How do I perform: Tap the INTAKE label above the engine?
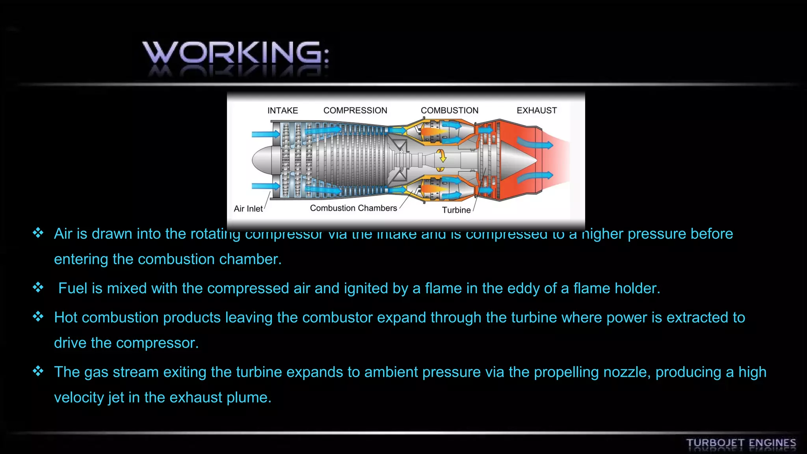tap(283, 110)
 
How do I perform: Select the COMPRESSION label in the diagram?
tap(355, 110)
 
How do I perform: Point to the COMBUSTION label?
tap(449, 110)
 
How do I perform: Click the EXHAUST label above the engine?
tap(537, 110)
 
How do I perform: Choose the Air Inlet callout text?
tap(248, 208)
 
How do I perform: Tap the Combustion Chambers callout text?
tap(353, 208)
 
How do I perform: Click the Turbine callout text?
tap(456, 210)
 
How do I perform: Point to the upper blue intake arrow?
tap(265, 134)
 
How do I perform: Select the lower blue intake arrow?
tap(265, 186)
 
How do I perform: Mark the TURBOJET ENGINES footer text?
tap(741, 443)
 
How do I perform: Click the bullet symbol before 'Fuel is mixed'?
tap(38, 287)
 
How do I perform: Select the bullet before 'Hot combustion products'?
tap(38, 316)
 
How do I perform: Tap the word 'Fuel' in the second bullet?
tap(73, 288)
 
